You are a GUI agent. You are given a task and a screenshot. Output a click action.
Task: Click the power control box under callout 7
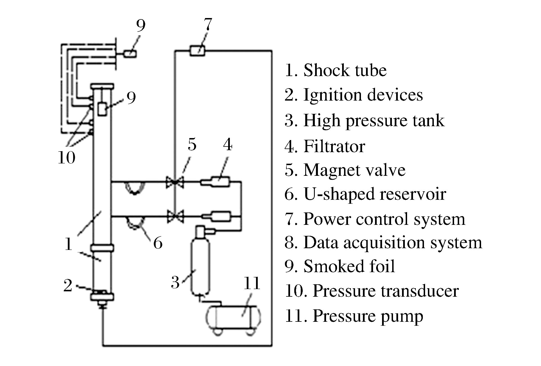click(197, 51)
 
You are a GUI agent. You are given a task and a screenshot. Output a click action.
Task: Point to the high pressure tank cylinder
click(200, 266)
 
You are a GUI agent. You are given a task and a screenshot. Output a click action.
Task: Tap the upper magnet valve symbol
click(175, 182)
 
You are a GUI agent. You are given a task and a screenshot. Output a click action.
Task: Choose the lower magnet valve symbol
click(175, 216)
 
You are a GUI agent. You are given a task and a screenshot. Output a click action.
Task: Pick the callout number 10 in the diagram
click(67, 157)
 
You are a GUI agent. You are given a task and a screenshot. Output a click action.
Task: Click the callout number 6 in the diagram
click(158, 243)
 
